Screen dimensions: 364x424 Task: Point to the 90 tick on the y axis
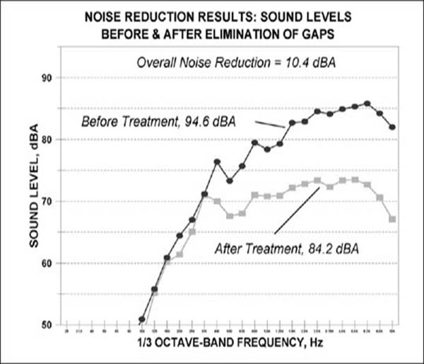pyautogui.click(x=49, y=78)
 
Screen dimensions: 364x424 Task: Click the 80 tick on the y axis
pyautogui.click(x=49, y=140)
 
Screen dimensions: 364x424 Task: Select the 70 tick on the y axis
pyautogui.click(x=49, y=202)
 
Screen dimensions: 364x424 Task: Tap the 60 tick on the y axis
pyautogui.click(x=49, y=263)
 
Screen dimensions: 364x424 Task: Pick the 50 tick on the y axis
pyautogui.click(x=49, y=325)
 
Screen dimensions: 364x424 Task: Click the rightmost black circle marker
pyautogui.click(x=392, y=127)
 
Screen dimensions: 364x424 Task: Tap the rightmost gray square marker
pyautogui.click(x=392, y=219)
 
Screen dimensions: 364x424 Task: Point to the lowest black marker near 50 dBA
pyautogui.click(x=142, y=319)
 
